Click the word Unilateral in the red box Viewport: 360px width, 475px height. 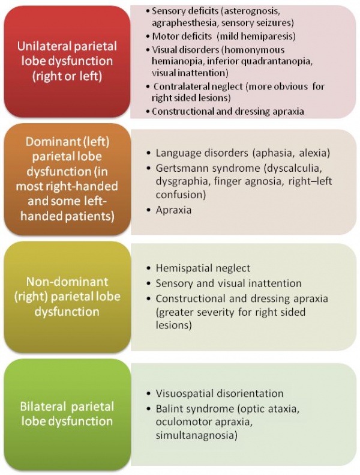tap(43, 46)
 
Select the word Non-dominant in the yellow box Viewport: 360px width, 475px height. tap(67, 282)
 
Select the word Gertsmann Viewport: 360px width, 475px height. tap(182, 168)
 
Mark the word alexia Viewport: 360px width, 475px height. tap(314, 153)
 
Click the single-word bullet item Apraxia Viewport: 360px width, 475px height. tap(173, 210)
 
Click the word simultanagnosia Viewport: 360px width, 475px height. tap(197, 435)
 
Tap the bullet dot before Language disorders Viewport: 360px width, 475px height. tap(148, 153)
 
